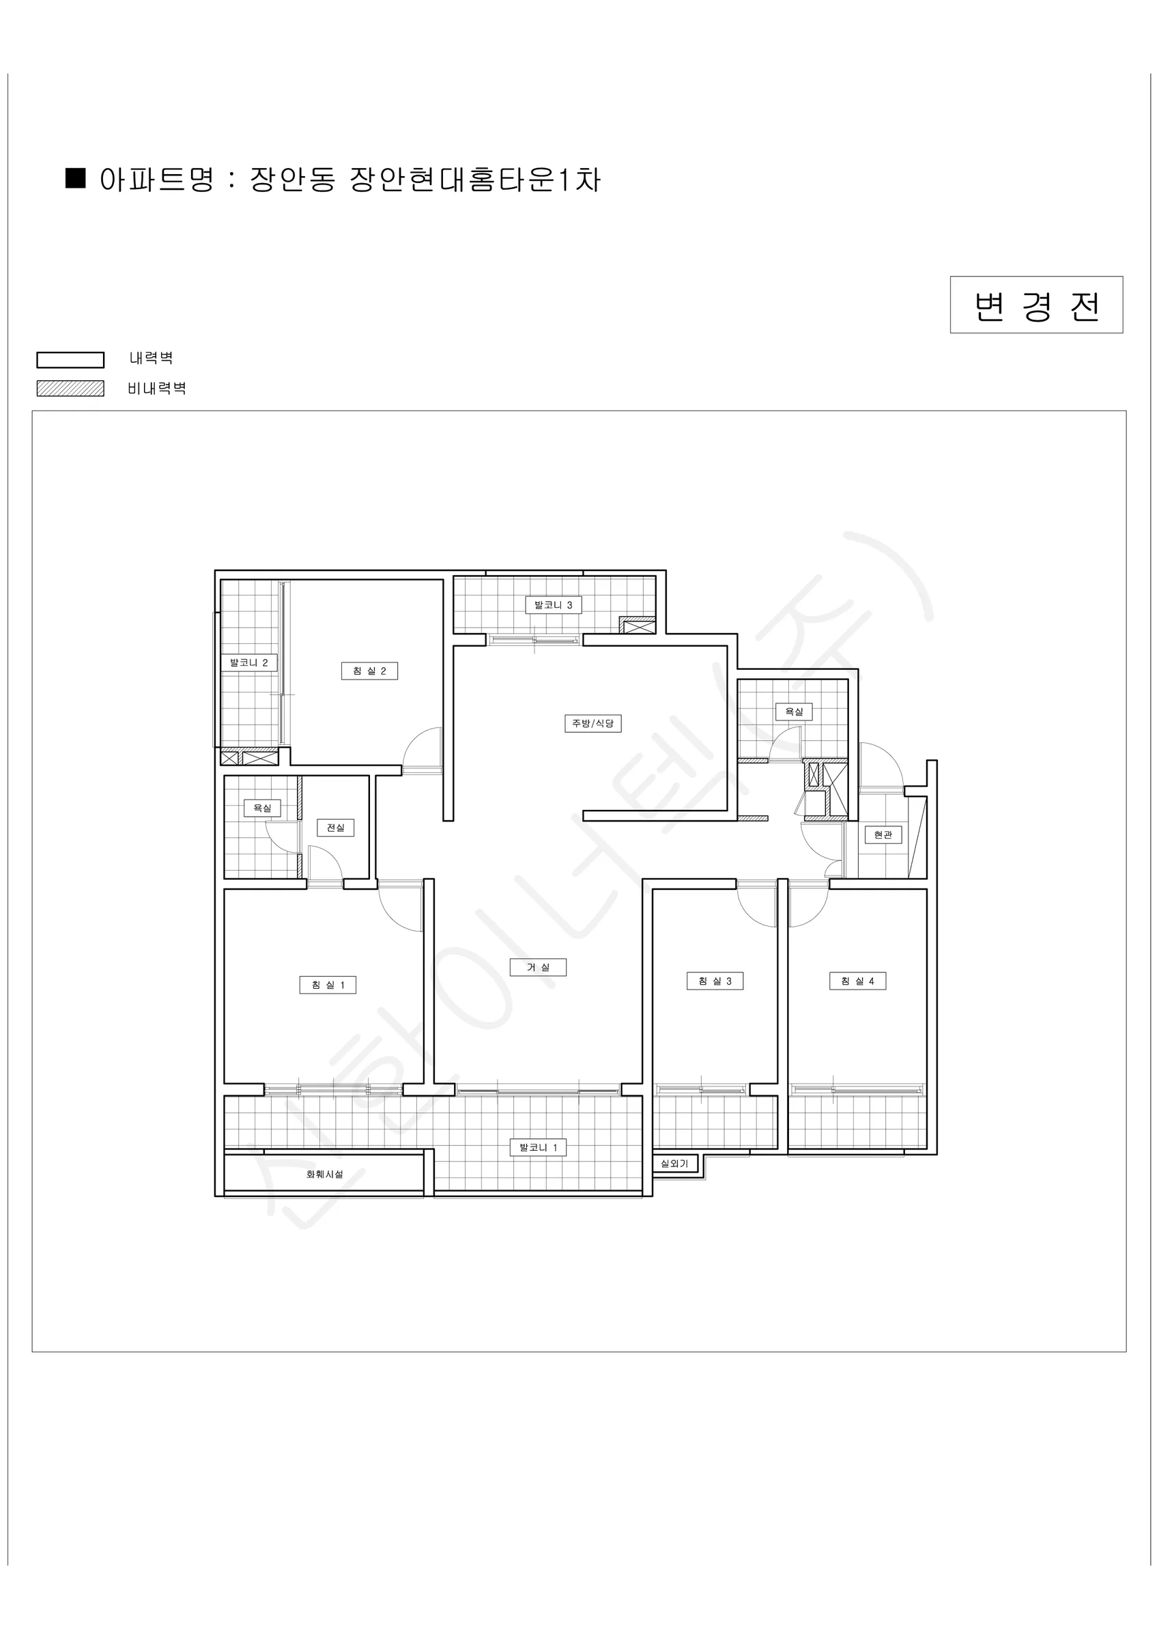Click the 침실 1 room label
[328, 985]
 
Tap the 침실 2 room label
[369, 671]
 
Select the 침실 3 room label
[715, 981]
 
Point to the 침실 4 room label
[857, 981]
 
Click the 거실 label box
[538, 967]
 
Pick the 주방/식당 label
[592, 723]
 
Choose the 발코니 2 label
[248, 662]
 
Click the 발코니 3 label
[553, 604]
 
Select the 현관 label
[883, 835]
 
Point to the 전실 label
[335, 827]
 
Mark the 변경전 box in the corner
[1036, 305]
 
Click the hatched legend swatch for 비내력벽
[71, 389]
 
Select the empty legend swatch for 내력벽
[71, 360]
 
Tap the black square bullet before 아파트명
[75, 178]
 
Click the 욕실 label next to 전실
[262, 808]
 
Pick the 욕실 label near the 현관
[794, 712]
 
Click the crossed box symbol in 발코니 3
[637, 626]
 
